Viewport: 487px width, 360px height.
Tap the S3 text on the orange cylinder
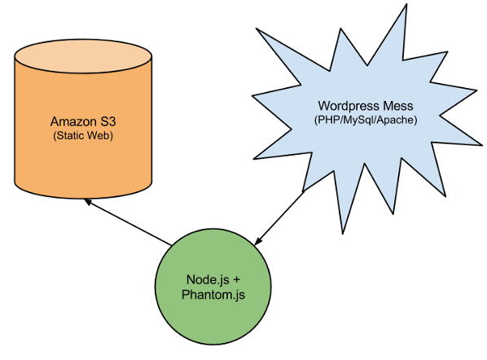coord(108,121)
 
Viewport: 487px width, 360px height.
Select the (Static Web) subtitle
coord(83,136)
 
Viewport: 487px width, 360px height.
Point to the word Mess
coord(398,106)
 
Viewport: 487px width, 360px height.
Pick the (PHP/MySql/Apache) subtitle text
coord(366,120)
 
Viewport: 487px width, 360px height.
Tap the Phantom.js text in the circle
coord(213,295)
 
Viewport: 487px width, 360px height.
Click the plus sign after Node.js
coord(236,280)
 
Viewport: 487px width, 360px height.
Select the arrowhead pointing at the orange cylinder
coord(88,201)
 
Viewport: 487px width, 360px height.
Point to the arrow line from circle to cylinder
coord(128,222)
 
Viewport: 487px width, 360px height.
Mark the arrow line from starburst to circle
coord(279,218)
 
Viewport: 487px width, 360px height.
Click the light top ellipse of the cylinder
coord(83,56)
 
